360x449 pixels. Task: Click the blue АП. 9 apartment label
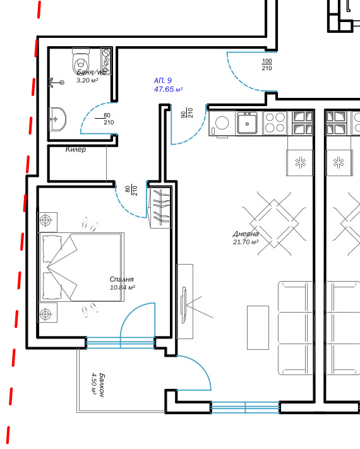click(163, 80)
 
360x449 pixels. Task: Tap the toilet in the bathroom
click(81, 61)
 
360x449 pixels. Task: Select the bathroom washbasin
click(57, 119)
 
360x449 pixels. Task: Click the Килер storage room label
click(76, 149)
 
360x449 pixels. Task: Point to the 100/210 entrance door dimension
click(267, 64)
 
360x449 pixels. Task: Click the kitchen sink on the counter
click(247, 123)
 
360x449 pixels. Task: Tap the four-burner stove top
click(275, 123)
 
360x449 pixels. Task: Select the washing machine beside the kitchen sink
click(222, 123)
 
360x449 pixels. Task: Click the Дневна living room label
click(246, 234)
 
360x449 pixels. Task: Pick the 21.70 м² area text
click(246, 242)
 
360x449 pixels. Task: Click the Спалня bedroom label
click(122, 279)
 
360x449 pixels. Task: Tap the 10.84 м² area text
click(123, 287)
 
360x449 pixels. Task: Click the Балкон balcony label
click(102, 385)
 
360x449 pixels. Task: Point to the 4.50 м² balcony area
click(94, 383)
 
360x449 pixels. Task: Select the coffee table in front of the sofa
click(258, 328)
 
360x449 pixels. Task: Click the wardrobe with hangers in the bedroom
click(160, 207)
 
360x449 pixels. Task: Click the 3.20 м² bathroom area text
click(87, 80)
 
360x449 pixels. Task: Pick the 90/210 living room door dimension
click(187, 113)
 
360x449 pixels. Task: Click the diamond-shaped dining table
click(274, 224)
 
